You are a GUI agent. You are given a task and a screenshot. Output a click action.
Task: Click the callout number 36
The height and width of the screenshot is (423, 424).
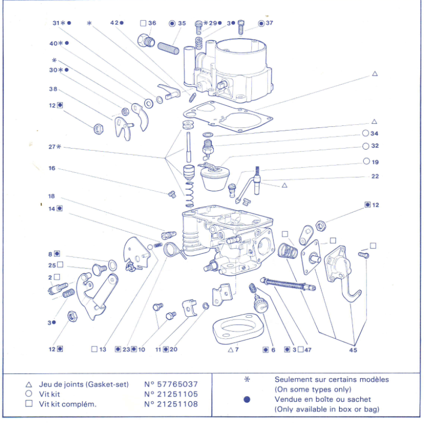point(152,23)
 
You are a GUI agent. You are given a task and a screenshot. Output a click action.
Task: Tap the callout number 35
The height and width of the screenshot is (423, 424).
point(182,23)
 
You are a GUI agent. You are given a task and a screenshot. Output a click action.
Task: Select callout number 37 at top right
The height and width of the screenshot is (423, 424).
point(269,23)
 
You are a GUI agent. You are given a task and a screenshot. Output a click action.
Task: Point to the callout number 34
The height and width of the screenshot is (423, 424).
point(374,134)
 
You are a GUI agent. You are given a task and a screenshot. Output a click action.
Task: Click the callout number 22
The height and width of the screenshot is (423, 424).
point(374,177)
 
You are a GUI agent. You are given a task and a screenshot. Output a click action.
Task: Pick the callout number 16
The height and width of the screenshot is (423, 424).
point(52,168)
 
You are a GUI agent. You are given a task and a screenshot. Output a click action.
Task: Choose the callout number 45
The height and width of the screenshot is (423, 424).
point(353,350)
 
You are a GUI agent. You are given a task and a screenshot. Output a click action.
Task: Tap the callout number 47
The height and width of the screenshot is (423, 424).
point(307,350)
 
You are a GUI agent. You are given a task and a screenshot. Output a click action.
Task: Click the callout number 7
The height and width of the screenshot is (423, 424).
point(237,350)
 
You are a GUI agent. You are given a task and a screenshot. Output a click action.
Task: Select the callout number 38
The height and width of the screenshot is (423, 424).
point(53,89)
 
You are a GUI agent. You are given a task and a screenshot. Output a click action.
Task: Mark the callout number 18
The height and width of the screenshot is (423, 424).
point(52,196)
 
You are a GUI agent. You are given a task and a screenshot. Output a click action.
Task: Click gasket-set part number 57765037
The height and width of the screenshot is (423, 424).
point(171,384)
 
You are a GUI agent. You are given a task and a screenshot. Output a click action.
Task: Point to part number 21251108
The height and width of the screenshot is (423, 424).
point(171,404)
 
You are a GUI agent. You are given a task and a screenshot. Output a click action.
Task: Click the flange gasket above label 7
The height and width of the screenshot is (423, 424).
point(236,329)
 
